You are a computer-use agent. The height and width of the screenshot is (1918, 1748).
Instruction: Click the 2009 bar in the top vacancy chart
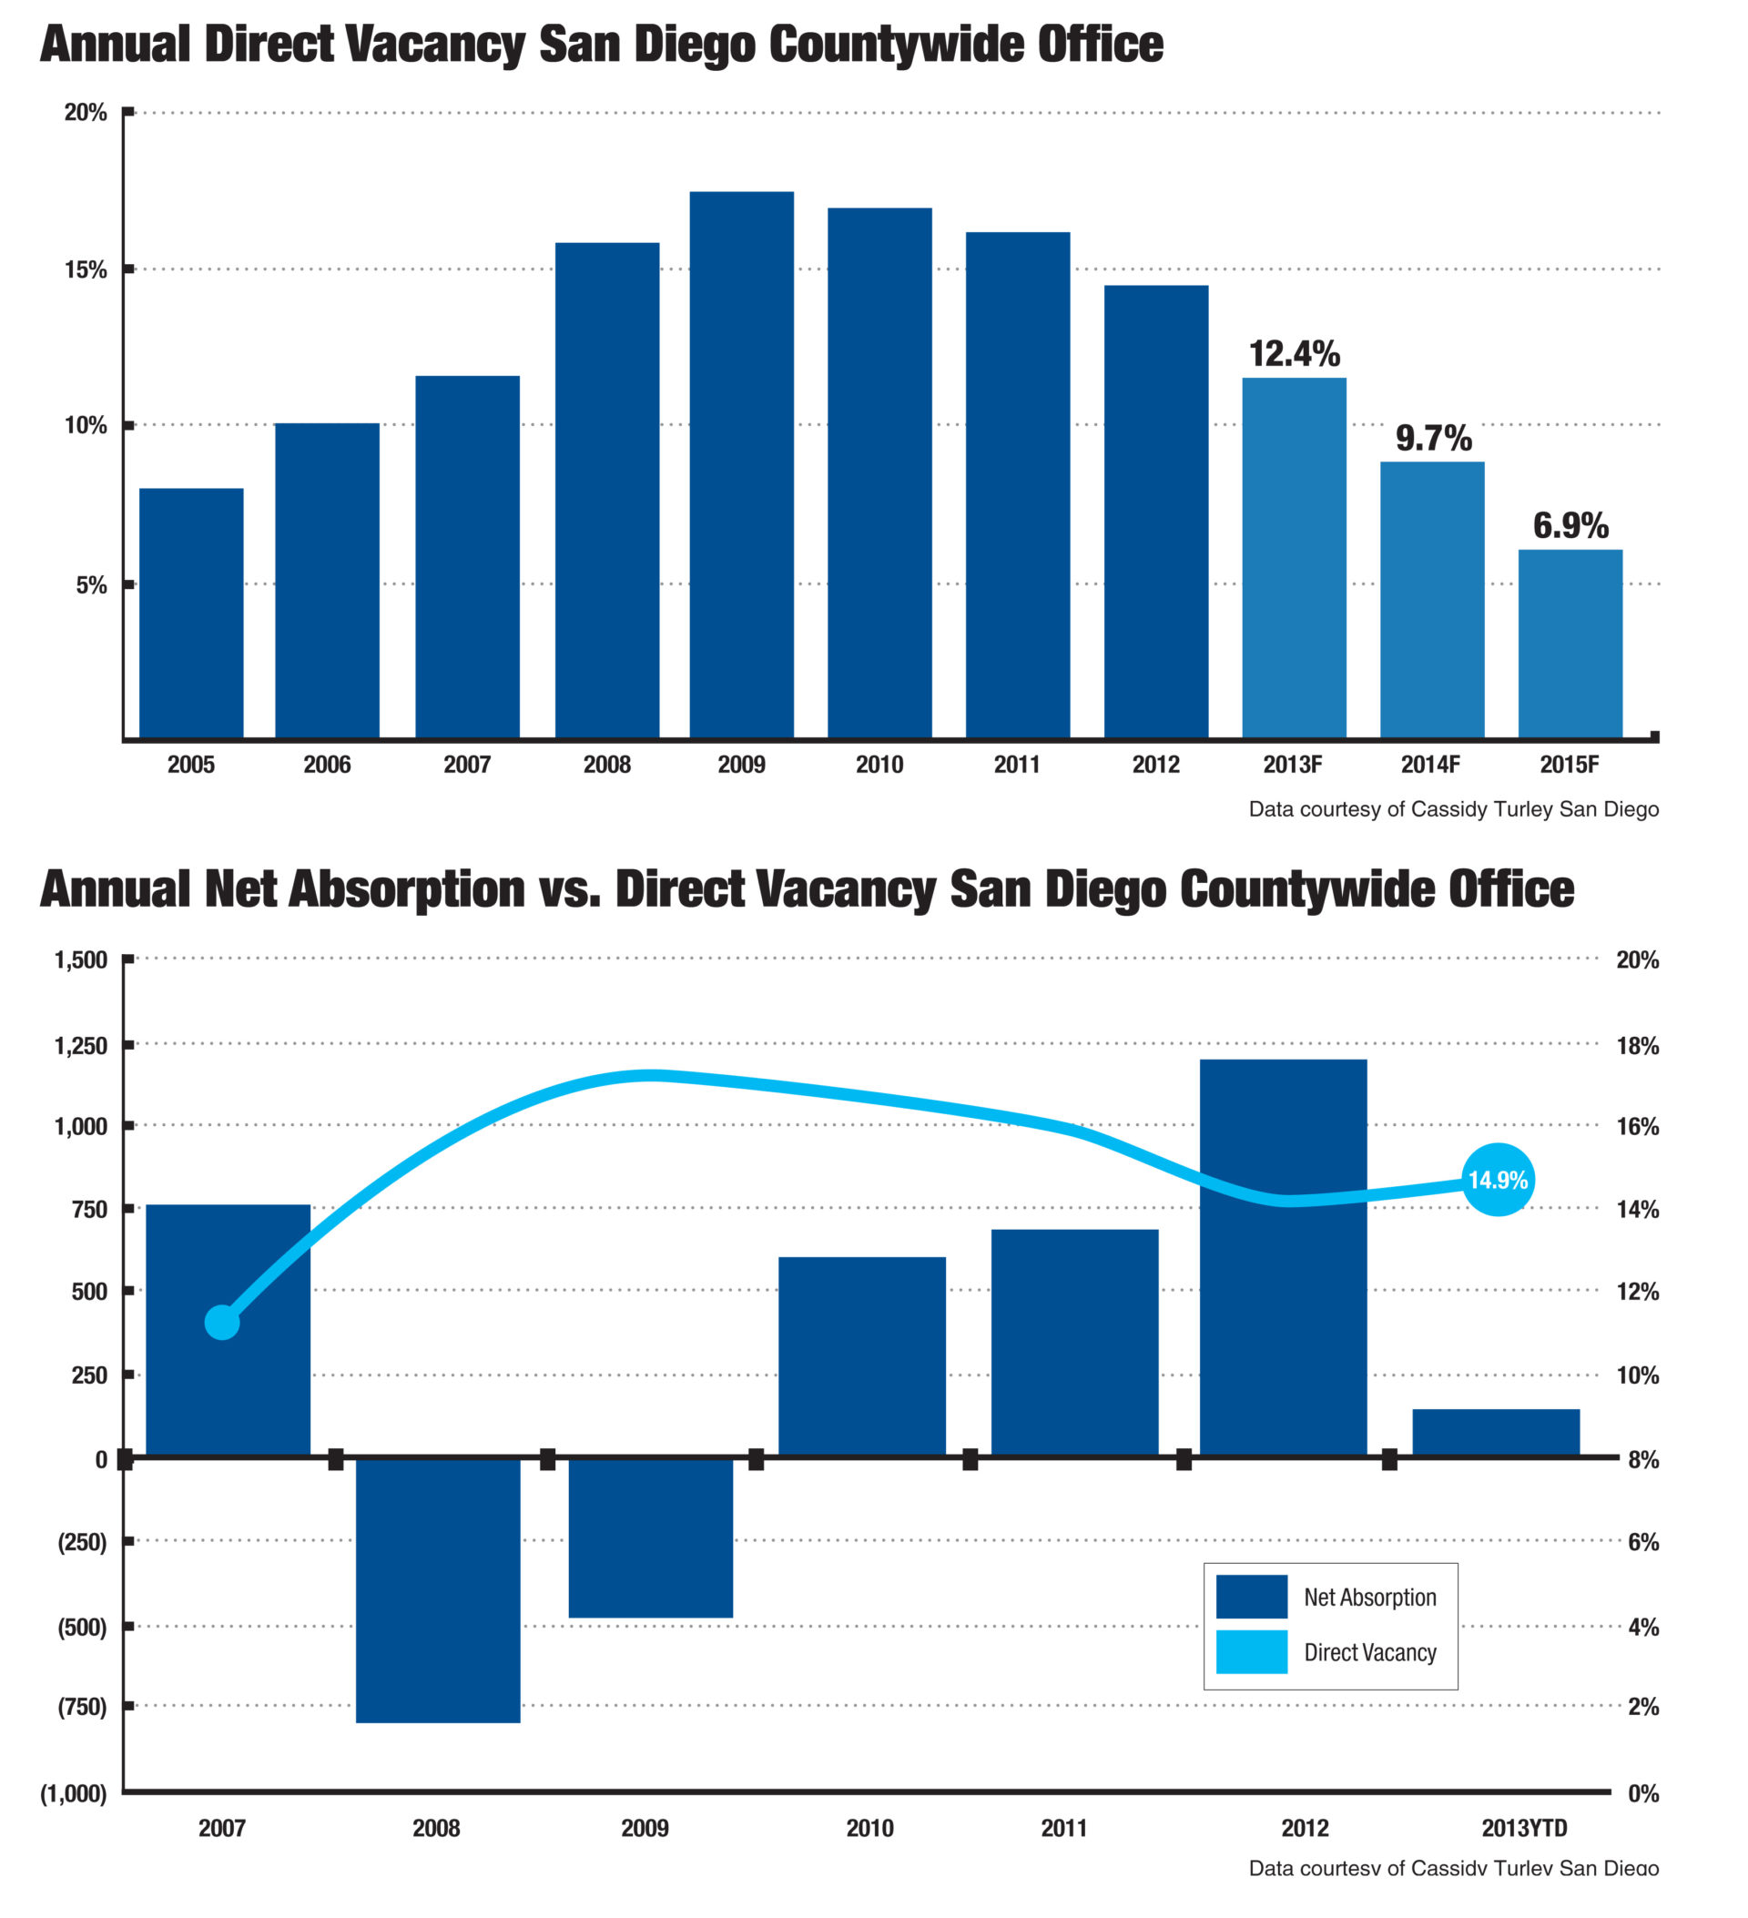pyautogui.click(x=741, y=465)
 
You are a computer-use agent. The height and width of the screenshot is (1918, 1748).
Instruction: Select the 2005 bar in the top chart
pyautogui.click(x=191, y=614)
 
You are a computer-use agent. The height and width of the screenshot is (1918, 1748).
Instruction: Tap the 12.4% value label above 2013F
pyautogui.click(x=1294, y=354)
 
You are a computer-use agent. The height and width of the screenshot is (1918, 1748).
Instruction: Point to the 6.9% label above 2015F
pyautogui.click(x=1570, y=525)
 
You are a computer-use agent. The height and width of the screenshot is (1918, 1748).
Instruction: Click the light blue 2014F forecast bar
pyautogui.click(x=1432, y=600)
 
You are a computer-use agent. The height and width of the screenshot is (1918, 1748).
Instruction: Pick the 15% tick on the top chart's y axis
pyautogui.click(x=86, y=270)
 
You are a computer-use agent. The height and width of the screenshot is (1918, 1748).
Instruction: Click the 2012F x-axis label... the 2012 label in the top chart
pyautogui.click(x=1155, y=765)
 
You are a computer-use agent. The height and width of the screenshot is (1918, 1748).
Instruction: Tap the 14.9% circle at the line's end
pyautogui.click(x=1498, y=1180)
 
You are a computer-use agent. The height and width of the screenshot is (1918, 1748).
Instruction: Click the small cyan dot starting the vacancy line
pyautogui.click(x=222, y=1323)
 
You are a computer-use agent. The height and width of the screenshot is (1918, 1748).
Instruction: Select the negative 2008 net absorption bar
pyautogui.click(x=438, y=1588)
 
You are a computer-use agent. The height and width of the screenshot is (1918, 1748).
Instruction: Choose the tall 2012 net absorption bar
pyautogui.click(x=1283, y=1256)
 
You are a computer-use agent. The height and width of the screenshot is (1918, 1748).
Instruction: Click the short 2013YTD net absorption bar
pyautogui.click(x=1496, y=1432)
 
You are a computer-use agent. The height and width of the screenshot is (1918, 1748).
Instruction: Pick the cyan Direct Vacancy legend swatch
pyautogui.click(x=1251, y=1652)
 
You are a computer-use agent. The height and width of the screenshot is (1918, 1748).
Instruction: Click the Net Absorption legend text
pyautogui.click(x=1369, y=1598)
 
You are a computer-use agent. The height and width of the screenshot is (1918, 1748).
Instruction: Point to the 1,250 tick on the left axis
pyautogui.click(x=81, y=1046)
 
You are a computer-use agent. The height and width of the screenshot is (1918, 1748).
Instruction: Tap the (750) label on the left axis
pyautogui.click(x=82, y=1707)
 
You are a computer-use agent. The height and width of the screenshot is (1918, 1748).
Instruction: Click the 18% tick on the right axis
pyautogui.click(x=1637, y=1047)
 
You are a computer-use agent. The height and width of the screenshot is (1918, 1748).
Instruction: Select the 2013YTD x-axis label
pyautogui.click(x=1523, y=1828)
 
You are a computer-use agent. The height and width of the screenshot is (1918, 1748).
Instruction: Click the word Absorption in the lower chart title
pyautogui.click(x=406, y=889)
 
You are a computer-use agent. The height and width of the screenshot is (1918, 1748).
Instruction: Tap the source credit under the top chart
pyautogui.click(x=1453, y=809)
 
